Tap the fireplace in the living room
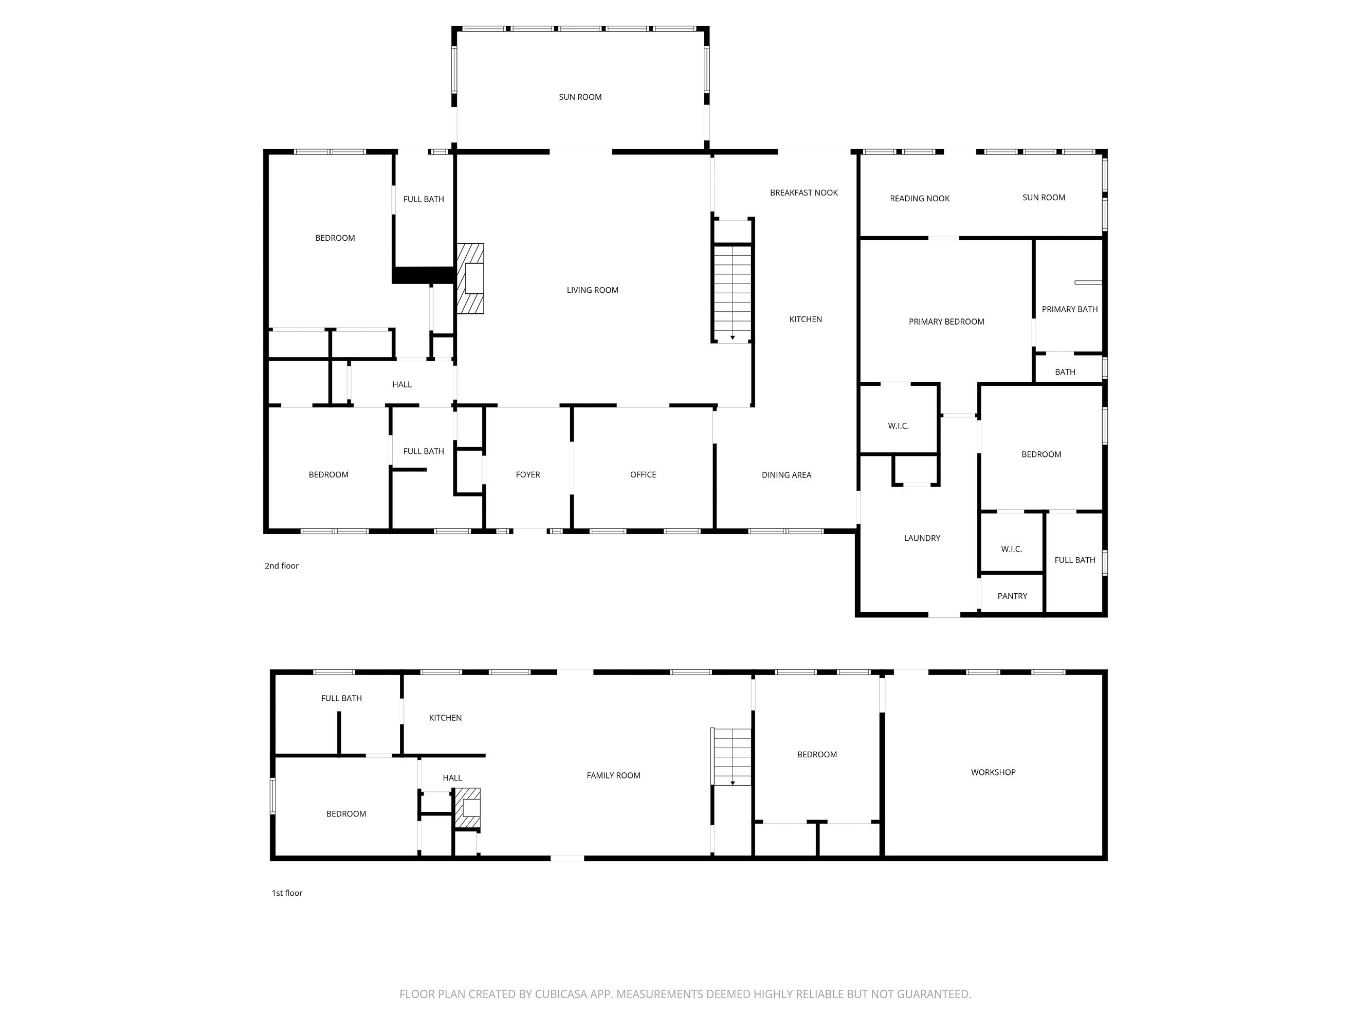[470, 278]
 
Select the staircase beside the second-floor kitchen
[732, 292]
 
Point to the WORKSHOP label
[993, 772]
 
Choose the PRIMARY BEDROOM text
[946, 321]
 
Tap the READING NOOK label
[919, 199]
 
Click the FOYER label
[527, 474]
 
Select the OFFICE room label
[643, 474]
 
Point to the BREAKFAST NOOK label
[803, 193]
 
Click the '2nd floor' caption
[281, 565]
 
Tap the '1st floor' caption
[287, 893]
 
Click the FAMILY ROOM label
[613, 775]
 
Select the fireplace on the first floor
[468, 808]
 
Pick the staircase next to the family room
[732, 757]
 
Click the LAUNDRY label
[922, 538]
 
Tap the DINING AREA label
[786, 475]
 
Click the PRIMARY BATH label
[1069, 309]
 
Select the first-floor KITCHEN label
[445, 718]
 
